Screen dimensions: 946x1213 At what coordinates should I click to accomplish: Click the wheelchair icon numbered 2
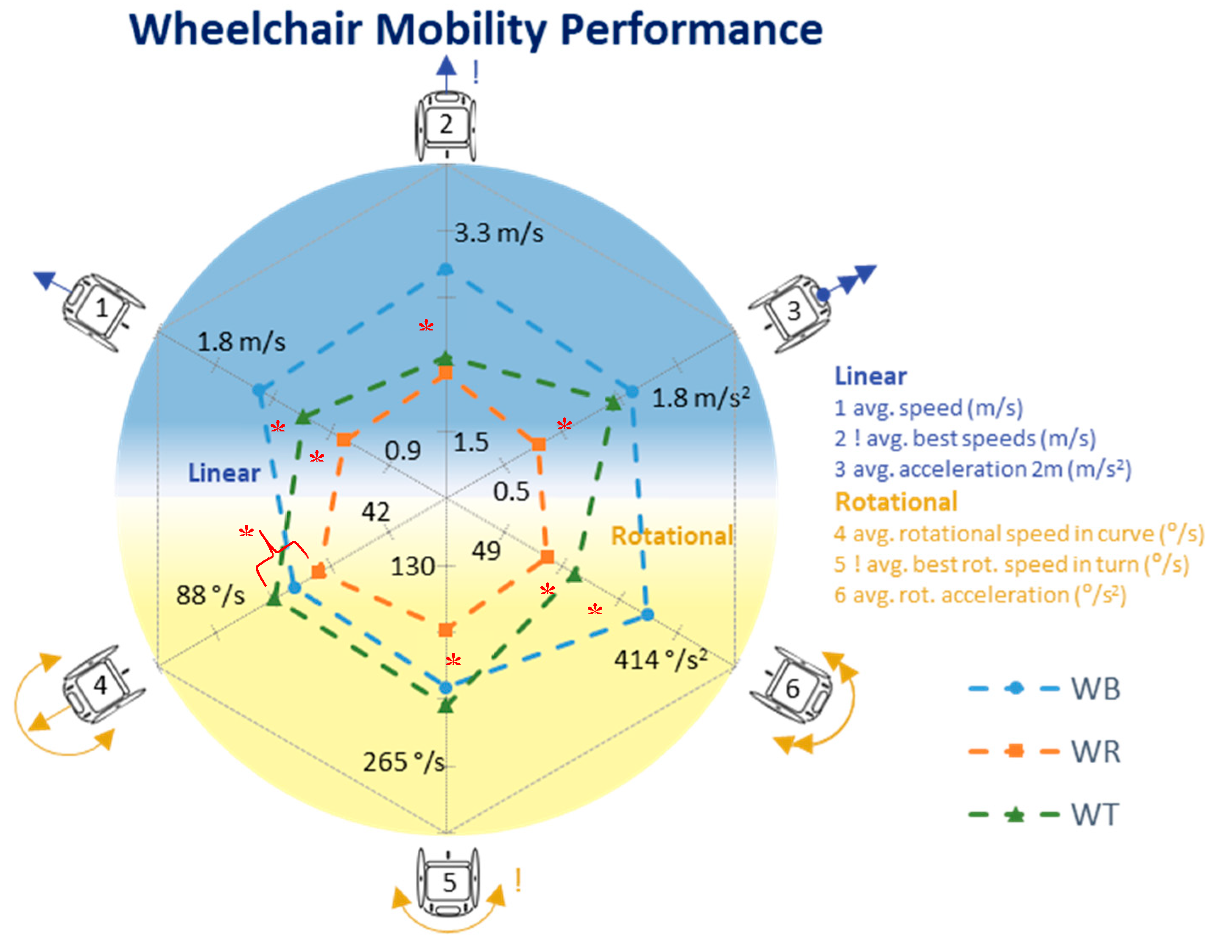point(445,126)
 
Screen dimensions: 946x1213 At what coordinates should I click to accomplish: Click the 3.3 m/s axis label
point(499,233)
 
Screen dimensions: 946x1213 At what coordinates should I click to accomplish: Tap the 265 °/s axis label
point(404,762)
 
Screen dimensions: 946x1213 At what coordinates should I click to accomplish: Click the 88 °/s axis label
point(210,596)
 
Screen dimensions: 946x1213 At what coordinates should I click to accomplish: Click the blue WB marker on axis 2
point(445,269)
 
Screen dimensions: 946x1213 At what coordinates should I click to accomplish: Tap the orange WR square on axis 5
point(445,630)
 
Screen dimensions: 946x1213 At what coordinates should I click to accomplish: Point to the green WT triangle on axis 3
point(613,403)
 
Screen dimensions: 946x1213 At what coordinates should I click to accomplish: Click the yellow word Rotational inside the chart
point(672,536)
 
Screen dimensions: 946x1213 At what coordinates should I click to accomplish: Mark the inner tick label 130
point(412,567)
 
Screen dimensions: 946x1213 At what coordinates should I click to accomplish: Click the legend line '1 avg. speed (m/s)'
point(928,408)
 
